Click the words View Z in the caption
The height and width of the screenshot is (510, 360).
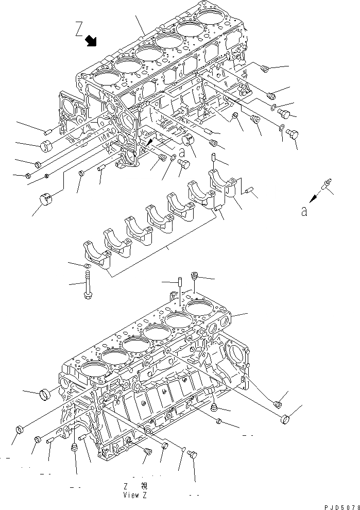(x=135, y=495)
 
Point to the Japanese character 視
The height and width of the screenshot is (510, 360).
(x=144, y=486)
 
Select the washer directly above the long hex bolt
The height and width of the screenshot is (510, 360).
(x=88, y=265)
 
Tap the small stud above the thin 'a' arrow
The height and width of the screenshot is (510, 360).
(x=327, y=183)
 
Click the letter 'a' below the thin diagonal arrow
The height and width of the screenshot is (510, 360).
(x=304, y=211)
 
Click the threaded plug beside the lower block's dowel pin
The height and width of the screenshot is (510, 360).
(x=195, y=277)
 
